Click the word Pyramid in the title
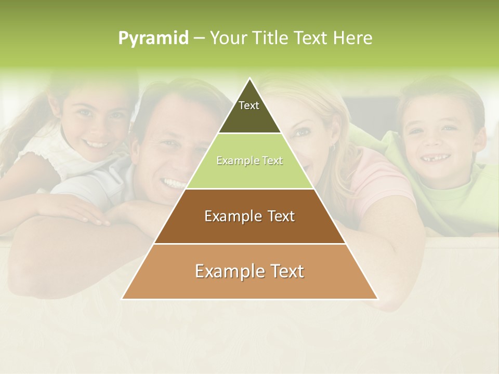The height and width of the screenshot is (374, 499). [x=153, y=38]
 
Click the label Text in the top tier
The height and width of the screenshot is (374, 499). [x=249, y=105]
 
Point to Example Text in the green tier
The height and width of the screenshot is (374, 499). [x=249, y=161]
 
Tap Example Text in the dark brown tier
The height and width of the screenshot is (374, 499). [x=249, y=216]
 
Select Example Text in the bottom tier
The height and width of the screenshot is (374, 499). [x=249, y=271]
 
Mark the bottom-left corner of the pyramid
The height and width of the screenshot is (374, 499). [x=122, y=299]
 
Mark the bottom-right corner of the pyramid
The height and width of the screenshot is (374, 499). [x=378, y=299]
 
